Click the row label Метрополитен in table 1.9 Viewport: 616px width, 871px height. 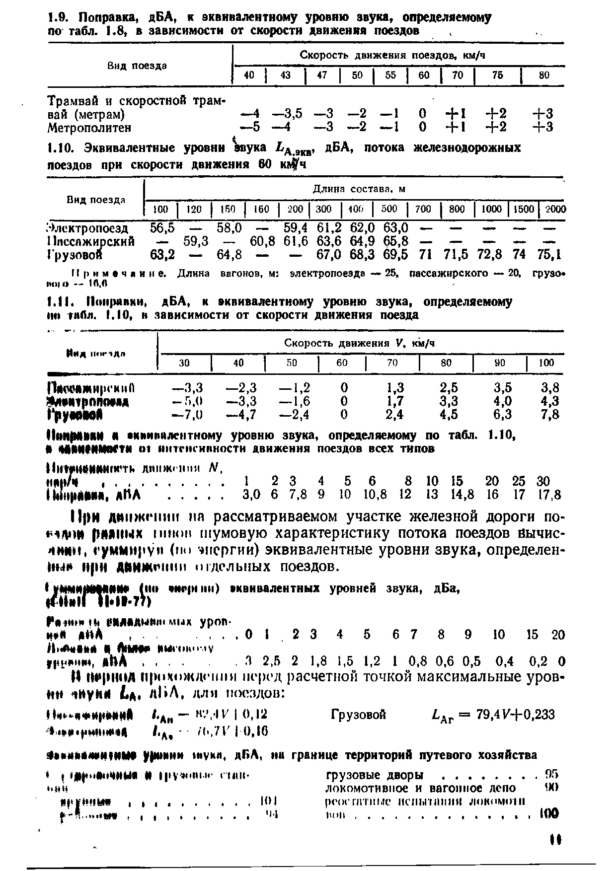point(89,128)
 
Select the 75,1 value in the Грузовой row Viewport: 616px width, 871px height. point(549,255)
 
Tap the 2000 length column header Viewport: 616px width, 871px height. point(555,209)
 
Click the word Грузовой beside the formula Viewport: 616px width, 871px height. point(358,715)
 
